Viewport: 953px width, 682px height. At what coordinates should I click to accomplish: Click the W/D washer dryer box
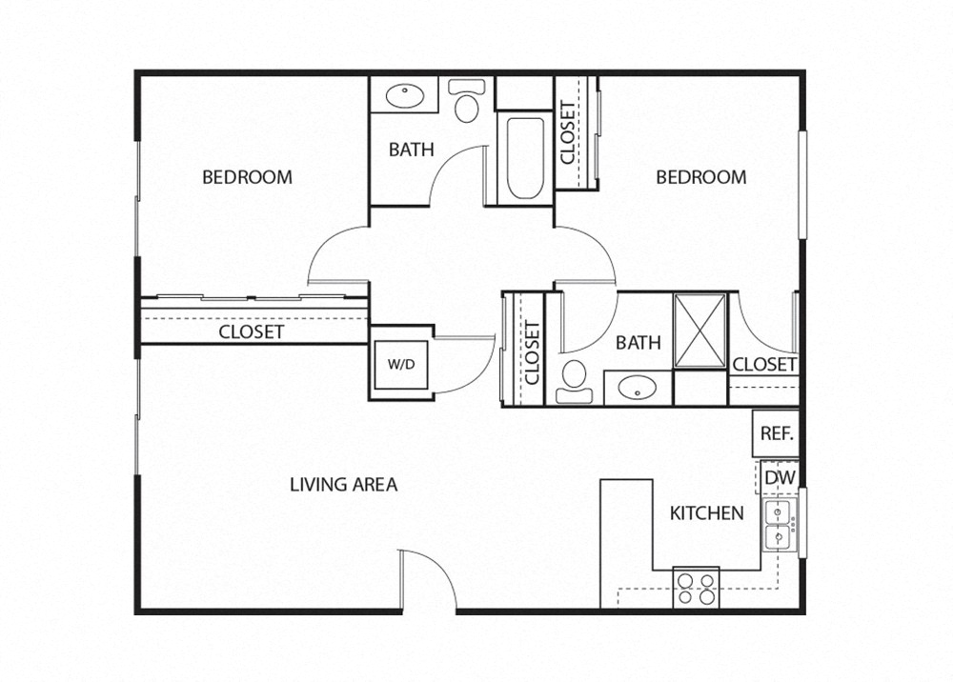pos(395,364)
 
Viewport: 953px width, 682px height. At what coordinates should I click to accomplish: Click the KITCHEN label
pos(706,513)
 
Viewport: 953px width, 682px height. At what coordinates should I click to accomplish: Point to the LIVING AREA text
pos(343,485)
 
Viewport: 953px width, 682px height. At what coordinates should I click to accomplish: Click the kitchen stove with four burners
pos(696,586)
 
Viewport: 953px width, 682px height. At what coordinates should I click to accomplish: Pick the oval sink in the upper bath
pos(405,96)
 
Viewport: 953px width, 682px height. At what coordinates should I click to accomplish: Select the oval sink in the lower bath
pos(637,388)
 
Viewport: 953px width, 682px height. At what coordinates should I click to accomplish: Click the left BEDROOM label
pos(247,177)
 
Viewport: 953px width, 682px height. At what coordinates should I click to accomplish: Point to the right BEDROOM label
pos(700,177)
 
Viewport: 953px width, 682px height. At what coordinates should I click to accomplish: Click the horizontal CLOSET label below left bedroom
pos(251,332)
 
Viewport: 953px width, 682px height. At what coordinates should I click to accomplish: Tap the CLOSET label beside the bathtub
pos(568,132)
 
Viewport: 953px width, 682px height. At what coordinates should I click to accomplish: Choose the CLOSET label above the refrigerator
pos(764,365)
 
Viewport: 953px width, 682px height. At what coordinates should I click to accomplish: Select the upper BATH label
pos(411,150)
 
